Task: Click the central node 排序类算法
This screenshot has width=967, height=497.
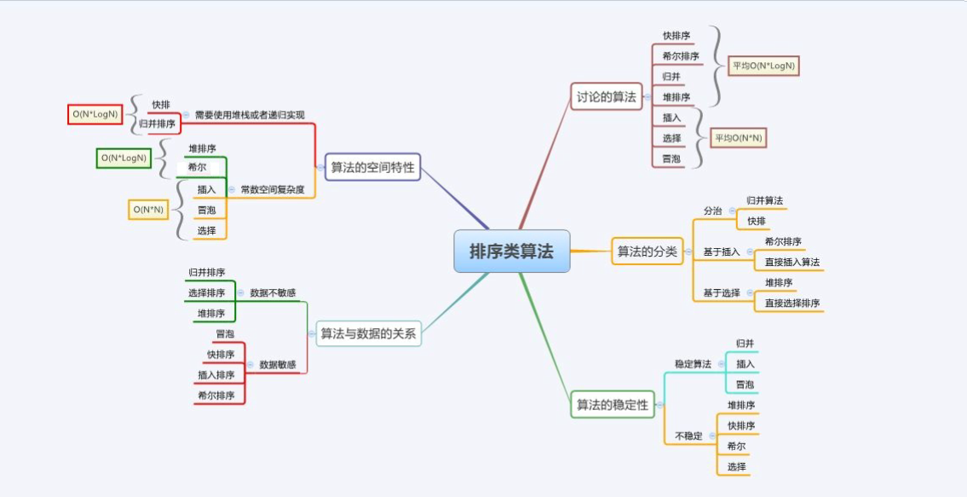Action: coord(512,251)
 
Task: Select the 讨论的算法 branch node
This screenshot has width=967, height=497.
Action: coord(607,96)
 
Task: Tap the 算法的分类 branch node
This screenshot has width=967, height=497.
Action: coord(648,251)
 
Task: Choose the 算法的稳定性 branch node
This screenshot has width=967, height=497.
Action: coord(613,404)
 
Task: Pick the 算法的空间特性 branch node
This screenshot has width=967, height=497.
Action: coord(372,167)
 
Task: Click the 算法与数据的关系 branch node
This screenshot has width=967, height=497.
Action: coord(368,334)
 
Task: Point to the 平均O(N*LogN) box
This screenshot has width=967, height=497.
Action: coord(763,65)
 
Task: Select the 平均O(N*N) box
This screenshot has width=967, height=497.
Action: coord(739,138)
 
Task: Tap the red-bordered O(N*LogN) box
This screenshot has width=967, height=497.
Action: coord(95,114)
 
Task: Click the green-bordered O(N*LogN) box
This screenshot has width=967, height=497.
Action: coord(124,158)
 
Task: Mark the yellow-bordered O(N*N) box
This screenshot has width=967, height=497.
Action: coord(148,210)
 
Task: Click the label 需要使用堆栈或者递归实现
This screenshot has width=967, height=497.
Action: coord(250,115)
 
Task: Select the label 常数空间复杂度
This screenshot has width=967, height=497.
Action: coord(273,189)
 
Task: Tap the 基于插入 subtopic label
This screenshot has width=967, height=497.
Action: coord(722,251)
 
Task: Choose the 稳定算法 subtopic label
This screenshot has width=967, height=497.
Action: coord(694,364)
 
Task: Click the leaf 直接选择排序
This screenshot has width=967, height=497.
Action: coord(792,303)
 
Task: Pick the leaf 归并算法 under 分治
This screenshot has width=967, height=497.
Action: coord(765,200)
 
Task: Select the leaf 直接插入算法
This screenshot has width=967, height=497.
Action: coord(792,263)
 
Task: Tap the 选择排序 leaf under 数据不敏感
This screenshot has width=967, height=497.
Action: coord(206,292)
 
